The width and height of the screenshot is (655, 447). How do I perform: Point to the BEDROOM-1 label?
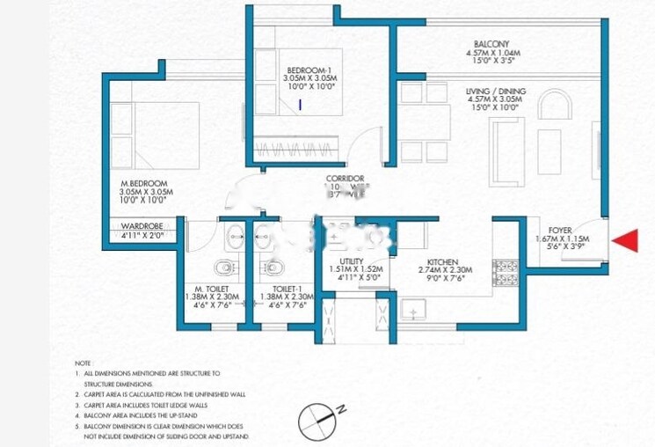(309, 70)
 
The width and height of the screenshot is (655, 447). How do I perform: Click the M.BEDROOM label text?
(144, 183)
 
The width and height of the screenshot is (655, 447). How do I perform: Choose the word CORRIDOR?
(345, 179)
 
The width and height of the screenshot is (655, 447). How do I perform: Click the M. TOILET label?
(212, 288)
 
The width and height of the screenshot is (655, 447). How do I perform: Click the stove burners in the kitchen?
(507, 269)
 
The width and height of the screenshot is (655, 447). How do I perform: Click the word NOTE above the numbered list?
(83, 362)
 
